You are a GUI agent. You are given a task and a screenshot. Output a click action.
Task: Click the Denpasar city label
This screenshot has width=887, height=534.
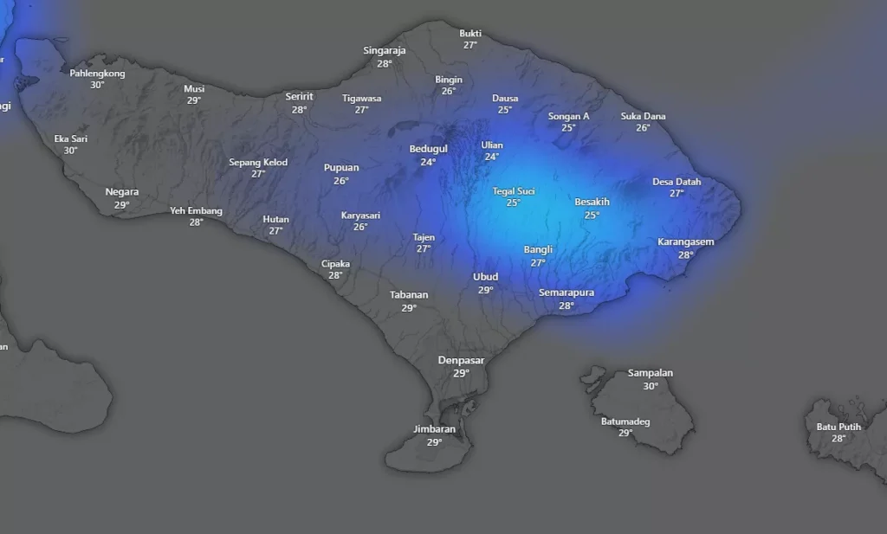[461, 360]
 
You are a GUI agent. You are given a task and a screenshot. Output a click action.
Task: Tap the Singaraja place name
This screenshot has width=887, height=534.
[385, 50]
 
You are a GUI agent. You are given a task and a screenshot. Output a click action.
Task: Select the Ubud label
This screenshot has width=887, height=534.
[485, 277]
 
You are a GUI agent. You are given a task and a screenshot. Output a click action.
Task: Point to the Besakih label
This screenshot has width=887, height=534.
[592, 203]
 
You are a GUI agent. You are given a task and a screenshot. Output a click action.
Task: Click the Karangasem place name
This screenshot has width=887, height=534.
[685, 242]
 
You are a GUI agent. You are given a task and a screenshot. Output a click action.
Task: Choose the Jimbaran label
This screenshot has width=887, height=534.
[434, 429]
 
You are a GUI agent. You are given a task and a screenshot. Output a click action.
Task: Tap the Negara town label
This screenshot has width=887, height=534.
[121, 192]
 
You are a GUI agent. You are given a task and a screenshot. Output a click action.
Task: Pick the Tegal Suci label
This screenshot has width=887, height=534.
[514, 191]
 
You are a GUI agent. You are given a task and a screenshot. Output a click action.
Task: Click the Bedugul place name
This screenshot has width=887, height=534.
[428, 149]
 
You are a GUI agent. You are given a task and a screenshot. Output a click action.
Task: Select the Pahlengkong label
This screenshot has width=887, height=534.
[97, 74]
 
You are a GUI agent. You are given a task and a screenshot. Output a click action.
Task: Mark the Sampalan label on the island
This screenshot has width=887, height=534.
[650, 373]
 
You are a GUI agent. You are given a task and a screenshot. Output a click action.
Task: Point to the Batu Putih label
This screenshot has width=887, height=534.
[838, 427]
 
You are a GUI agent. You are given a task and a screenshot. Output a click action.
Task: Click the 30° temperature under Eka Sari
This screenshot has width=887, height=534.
[70, 151]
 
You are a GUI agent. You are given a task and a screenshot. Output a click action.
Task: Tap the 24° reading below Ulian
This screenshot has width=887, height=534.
[491, 157]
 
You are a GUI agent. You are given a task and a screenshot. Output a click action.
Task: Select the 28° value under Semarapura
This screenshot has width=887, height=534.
[567, 306]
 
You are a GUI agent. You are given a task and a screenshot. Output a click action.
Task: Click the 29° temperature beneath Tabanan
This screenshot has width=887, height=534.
[409, 307]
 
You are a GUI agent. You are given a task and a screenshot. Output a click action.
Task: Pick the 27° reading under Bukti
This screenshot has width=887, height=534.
[469, 45]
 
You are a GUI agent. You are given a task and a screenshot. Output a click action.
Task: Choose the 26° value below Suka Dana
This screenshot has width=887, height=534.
[643, 128]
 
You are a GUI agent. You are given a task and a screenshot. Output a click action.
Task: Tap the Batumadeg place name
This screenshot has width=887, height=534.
[625, 421]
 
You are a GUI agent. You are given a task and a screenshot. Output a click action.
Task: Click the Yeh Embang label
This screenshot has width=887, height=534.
[196, 210]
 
